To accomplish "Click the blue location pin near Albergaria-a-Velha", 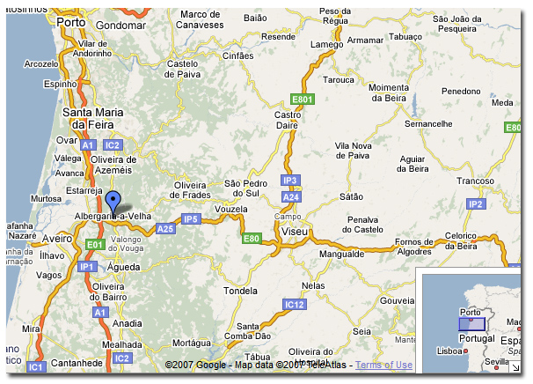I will click(x=112, y=200).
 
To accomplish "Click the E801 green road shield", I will click(x=304, y=100).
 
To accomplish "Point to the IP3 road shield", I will click(x=290, y=181).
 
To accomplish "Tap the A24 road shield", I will click(x=291, y=196).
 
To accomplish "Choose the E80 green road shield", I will click(x=252, y=239).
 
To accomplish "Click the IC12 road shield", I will click(x=295, y=305).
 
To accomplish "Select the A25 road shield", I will click(x=165, y=229).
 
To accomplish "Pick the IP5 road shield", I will click(x=191, y=218).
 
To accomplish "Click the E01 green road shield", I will click(x=95, y=244).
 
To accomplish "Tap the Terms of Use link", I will click(x=383, y=365).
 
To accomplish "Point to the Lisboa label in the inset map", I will click(x=450, y=351).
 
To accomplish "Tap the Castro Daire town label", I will click(x=288, y=121).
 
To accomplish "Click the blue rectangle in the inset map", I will click(x=471, y=323).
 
